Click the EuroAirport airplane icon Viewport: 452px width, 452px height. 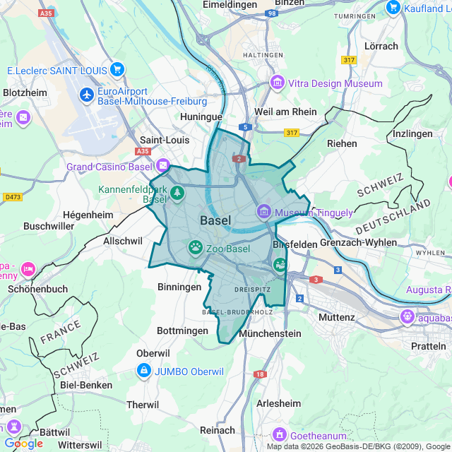(88, 94)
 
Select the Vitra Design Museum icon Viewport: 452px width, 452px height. (278, 83)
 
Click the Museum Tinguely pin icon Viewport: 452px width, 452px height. (264, 211)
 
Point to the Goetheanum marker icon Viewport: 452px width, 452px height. (280, 433)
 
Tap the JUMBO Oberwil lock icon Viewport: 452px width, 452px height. (144, 370)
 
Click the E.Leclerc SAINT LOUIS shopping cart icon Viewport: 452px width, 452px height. (117, 70)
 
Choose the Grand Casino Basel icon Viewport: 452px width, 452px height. (164, 166)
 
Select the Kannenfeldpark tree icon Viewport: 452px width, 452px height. (177, 192)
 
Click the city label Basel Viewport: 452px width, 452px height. (215, 220)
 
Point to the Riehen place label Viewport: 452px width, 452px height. (342, 143)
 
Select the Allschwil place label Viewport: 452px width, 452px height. (123, 241)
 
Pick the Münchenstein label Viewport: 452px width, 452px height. (270, 333)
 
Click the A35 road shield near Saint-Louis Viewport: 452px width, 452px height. (143, 151)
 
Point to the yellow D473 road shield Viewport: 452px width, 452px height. (13, 196)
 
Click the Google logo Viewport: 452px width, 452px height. (23, 444)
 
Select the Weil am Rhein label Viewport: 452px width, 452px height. (285, 111)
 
